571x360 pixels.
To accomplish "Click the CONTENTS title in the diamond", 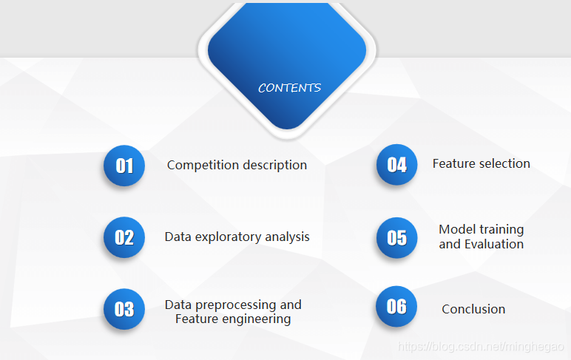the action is click(289, 88).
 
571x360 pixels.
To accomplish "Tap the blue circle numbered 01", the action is click(124, 165).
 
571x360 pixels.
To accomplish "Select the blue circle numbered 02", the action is click(124, 237).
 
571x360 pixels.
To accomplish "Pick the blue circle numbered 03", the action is click(124, 309).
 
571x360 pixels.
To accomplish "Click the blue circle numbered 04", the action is click(397, 164).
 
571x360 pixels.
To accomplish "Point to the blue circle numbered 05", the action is click(397, 237).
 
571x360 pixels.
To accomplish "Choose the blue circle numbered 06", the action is click(397, 306).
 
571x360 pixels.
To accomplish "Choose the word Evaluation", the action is click(494, 244).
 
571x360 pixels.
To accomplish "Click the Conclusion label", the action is click(473, 309).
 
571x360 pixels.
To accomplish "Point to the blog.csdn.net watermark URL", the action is click(482, 346).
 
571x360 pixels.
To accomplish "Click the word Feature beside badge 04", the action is click(453, 163).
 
